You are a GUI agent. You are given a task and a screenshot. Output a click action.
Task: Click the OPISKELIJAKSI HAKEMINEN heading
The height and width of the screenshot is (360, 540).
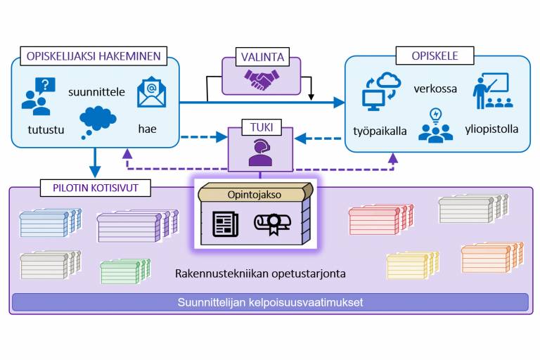pyautogui.click(x=94, y=56)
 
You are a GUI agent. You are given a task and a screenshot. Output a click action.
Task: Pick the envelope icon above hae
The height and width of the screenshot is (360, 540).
pyautogui.click(x=151, y=94)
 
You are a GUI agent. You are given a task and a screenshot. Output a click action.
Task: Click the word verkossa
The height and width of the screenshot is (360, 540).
pyautogui.click(x=435, y=89)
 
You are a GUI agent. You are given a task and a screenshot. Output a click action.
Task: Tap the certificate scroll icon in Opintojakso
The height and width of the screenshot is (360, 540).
pyautogui.click(x=276, y=224)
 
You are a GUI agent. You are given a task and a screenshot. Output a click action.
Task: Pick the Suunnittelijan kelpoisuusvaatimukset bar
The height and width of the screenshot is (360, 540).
pyautogui.click(x=270, y=302)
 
